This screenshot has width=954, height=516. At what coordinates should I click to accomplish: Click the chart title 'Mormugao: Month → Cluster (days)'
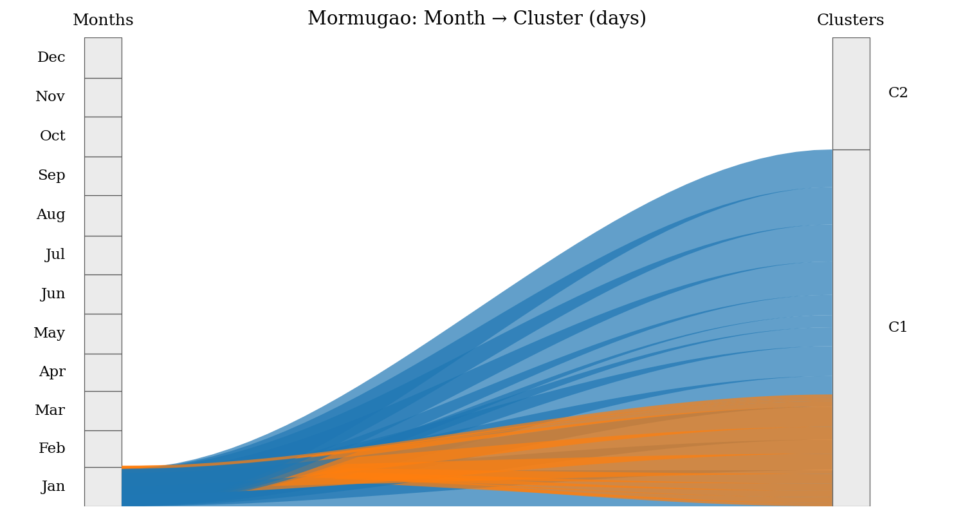[x=477, y=18]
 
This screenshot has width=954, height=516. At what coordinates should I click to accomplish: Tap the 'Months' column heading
[x=103, y=20]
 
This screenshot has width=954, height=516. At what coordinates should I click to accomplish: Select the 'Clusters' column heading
[x=850, y=20]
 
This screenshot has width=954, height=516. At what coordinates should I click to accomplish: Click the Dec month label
[x=51, y=57]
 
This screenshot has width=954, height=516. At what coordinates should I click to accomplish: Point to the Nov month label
[x=50, y=97]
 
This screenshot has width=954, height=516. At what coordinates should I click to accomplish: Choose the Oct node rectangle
[x=103, y=137]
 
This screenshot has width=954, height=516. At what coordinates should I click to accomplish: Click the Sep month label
[x=51, y=175]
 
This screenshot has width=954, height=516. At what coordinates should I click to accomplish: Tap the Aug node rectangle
[x=103, y=216]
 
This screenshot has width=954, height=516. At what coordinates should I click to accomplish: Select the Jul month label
[x=55, y=254]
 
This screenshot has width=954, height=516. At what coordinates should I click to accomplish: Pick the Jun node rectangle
[x=103, y=294]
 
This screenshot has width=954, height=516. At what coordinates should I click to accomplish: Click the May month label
[x=50, y=332]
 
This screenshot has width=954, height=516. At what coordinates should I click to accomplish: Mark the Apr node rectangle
[x=103, y=373]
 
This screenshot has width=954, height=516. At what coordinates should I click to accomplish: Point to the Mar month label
[x=50, y=410]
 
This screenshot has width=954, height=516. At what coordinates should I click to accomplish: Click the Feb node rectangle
[x=103, y=449]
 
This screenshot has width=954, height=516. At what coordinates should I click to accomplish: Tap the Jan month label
[x=53, y=486]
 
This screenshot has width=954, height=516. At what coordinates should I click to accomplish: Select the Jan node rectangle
[x=103, y=486]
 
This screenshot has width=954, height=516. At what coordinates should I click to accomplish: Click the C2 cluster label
[x=898, y=93]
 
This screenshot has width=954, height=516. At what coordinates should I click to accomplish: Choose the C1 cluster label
[x=898, y=327]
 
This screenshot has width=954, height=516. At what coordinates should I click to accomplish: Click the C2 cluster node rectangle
[x=851, y=94]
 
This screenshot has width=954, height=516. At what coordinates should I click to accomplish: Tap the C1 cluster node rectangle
[x=851, y=328]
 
